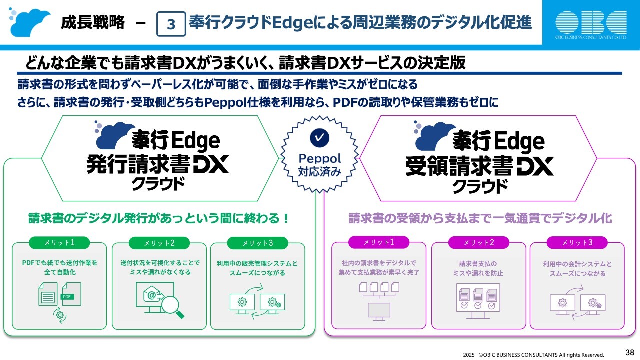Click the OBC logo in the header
click(591, 23)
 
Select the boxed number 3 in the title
click(171, 24)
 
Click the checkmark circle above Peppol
click(319, 137)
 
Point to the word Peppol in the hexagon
click(319, 158)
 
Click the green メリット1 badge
click(59, 243)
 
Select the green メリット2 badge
click(159, 243)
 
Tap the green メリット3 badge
click(257, 243)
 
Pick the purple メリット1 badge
click(379, 242)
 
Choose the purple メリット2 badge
click(478, 243)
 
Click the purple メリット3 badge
click(577, 243)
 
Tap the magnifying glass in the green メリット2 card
click(172, 306)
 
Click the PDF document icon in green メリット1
click(70, 294)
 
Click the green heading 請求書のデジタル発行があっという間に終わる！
click(159, 219)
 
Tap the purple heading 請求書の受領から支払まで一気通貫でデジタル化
click(480, 219)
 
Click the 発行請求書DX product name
click(157, 164)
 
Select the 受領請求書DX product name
click(480, 166)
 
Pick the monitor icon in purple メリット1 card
click(379, 310)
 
